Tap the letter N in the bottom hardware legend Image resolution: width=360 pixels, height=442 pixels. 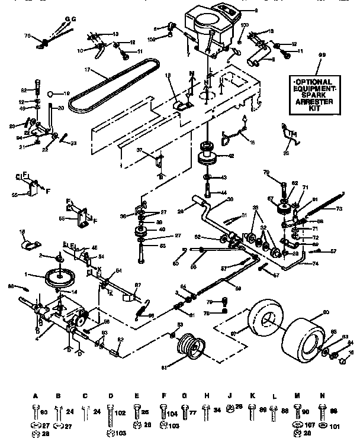[x=322, y=396]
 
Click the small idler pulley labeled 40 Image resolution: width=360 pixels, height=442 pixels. [x=142, y=231]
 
